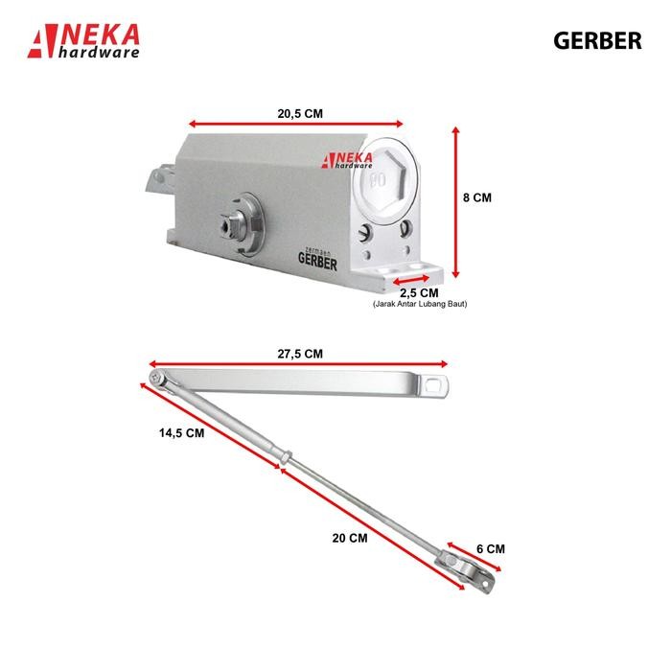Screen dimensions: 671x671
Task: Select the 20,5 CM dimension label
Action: click(x=300, y=113)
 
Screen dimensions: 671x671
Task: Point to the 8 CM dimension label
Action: click(x=476, y=197)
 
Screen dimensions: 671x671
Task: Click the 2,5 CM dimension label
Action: click(x=419, y=292)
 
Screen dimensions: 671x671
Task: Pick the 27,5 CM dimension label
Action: click(x=300, y=354)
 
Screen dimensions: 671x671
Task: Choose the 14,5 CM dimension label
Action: click(x=181, y=432)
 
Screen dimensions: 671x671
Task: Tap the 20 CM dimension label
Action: click(x=350, y=538)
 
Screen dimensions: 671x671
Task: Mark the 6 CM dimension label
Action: click(x=490, y=549)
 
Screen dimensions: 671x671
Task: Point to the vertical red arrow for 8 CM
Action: click(x=455, y=199)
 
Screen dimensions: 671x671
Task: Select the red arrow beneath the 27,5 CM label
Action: click(x=299, y=364)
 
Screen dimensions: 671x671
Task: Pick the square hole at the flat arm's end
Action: click(x=439, y=384)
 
